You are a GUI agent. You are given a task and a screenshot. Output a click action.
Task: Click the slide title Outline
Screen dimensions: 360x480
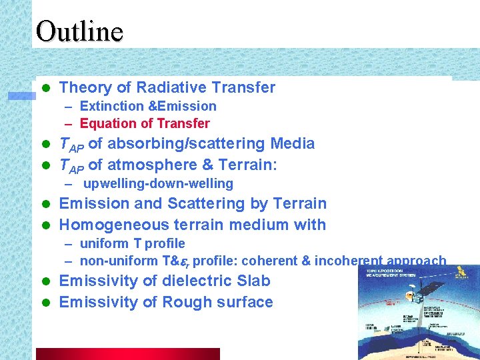pyautogui.click(x=79, y=31)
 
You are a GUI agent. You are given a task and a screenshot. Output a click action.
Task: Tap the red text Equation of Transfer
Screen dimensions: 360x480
pyautogui.click(x=145, y=123)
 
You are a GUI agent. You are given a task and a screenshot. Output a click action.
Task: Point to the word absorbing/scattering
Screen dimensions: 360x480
pyautogui.click(x=186, y=143)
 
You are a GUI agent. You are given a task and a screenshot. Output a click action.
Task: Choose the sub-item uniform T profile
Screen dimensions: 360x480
pyautogui.click(x=132, y=243)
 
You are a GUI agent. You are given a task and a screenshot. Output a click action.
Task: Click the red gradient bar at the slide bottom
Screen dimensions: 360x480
pyautogui.click(x=127, y=354)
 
